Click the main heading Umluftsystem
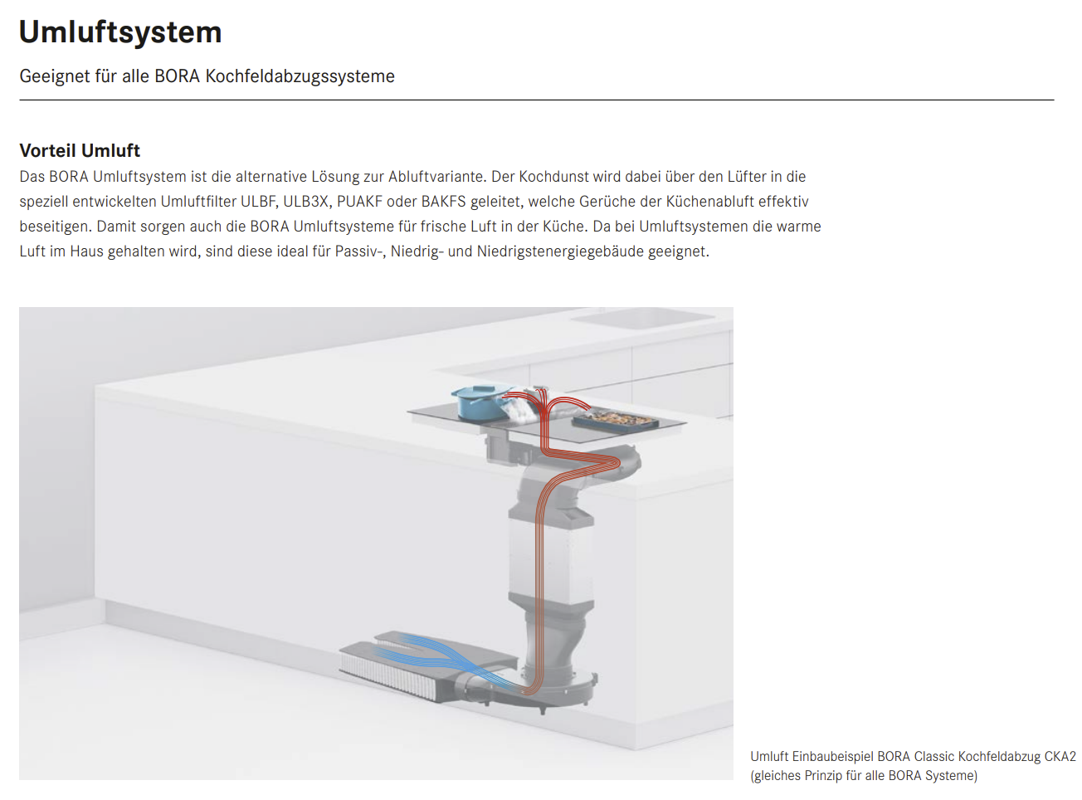pos(120,32)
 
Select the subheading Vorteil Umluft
pos(80,150)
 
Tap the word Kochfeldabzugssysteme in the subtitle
pos(300,76)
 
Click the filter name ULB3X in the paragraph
pos(306,201)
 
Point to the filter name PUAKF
pos(359,201)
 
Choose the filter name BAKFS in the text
pos(443,201)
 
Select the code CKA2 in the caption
pos(1060,757)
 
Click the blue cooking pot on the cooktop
pos(482,403)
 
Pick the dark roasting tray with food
pos(617,419)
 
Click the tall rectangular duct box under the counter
pos(551,558)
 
